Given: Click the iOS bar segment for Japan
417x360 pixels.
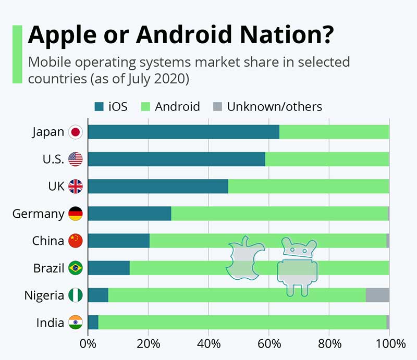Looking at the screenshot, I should point(183,132).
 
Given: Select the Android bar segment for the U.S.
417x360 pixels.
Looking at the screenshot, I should point(327,159).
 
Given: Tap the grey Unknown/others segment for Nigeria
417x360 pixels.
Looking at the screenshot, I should point(377,295).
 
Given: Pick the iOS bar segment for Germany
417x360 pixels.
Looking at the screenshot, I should point(129,214).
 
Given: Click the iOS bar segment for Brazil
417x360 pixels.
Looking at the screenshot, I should point(108,268).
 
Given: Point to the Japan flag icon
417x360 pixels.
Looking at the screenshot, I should point(76,132).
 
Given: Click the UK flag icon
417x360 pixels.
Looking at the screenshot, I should point(76,187).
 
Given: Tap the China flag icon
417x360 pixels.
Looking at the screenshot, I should point(76,241).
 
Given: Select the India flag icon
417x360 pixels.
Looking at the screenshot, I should point(76,322).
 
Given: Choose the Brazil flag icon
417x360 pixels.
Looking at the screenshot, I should point(76,268).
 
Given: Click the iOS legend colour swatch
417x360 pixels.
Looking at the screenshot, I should point(99,107).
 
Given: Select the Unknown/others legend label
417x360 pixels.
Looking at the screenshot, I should point(274,107).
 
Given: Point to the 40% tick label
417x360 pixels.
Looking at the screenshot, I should point(208,344).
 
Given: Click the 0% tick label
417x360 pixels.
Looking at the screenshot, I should point(88,344).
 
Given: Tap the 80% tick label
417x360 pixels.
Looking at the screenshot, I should point(329,344).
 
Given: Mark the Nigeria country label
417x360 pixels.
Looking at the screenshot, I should point(44,295).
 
